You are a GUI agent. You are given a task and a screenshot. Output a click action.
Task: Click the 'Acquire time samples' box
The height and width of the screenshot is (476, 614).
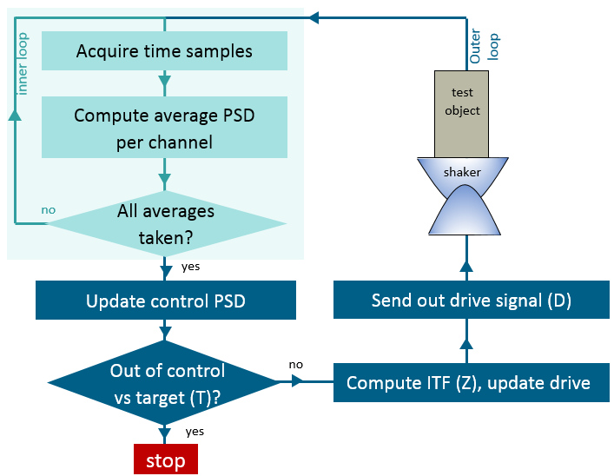(164, 51)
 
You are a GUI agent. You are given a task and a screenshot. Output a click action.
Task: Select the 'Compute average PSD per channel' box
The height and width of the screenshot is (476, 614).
(164, 128)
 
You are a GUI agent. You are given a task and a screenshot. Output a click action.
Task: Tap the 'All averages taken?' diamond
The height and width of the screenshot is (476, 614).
(165, 224)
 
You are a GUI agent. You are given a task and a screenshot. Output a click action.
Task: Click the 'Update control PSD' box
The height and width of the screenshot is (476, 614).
(165, 301)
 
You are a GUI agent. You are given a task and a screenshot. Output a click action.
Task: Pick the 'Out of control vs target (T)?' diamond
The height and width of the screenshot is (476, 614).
(165, 382)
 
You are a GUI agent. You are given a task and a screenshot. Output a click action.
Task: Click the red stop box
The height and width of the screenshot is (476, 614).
(165, 459)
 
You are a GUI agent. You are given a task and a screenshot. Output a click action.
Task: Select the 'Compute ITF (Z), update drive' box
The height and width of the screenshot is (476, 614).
(468, 382)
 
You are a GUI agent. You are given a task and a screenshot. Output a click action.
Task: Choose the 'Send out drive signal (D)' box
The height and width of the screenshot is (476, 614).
(471, 301)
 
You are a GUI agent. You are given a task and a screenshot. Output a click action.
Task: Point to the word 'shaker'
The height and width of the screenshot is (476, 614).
(462, 172)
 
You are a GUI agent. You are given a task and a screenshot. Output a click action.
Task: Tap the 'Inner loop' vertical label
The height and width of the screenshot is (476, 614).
(23, 64)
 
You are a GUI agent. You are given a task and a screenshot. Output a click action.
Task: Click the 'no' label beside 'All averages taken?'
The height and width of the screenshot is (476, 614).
(49, 209)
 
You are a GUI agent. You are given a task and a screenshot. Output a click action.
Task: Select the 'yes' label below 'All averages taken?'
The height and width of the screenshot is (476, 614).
(191, 267)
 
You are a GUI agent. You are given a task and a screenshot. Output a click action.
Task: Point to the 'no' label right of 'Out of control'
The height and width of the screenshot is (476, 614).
(296, 364)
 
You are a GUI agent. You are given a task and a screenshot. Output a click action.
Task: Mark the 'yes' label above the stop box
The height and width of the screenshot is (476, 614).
(195, 431)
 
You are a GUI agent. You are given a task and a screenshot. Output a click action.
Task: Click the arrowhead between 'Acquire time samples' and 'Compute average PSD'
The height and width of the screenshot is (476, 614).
(164, 83)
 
